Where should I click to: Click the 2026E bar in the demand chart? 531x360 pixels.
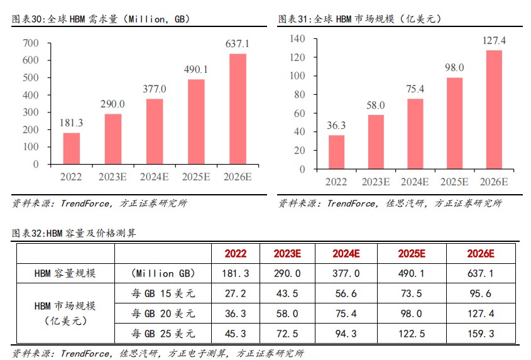[x=238, y=109]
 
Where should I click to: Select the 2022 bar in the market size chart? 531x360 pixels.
[x=337, y=152]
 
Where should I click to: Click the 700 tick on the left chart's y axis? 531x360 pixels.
[x=31, y=43]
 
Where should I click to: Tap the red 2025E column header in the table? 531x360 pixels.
[x=412, y=254]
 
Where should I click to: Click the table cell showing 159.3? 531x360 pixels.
[x=481, y=332]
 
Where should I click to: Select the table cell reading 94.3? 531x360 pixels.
[x=346, y=332]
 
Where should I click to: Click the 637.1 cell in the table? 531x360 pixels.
[x=481, y=274]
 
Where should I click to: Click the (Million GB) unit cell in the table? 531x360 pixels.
[x=163, y=274]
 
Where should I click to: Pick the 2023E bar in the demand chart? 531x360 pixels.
[x=113, y=139]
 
